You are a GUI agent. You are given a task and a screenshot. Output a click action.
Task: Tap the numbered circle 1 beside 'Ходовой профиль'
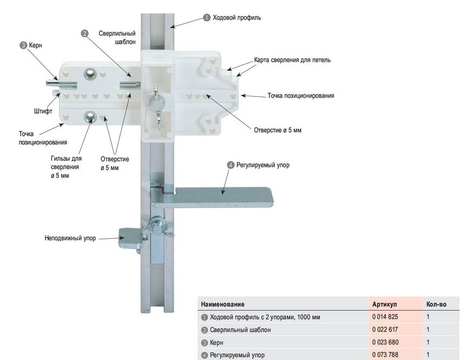click(x=207, y=17)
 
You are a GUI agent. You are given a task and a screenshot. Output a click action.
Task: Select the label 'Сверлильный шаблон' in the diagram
click(x=117, y=37)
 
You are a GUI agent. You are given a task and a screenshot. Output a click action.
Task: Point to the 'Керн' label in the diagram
click(x=35, y=45)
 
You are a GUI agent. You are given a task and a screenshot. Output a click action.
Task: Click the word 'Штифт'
click(x=43, y=112)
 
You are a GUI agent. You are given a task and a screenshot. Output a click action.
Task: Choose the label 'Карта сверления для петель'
click(x=292, y=60)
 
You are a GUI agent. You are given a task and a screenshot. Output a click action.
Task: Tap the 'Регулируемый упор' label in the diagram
click(x=262, y=165)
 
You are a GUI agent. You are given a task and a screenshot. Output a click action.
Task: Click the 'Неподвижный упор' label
click(x=70, y=238)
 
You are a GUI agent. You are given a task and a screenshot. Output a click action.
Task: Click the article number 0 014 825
click(x=385, y=317)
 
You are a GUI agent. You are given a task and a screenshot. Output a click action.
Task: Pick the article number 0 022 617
click(x=385, y=330)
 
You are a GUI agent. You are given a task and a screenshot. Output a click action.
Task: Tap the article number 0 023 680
click(x=385, y=343)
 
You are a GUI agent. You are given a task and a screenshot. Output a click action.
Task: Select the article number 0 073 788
click(x=385, y=355)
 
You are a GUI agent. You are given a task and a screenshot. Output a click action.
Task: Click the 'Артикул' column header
click(x=385, y=304)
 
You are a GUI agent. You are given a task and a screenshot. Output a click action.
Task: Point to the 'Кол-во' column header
click(x=436, y=304)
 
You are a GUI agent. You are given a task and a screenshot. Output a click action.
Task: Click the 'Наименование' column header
click(x=222, y=304)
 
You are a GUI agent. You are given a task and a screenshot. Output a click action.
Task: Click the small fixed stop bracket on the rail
click(x=130, y=235)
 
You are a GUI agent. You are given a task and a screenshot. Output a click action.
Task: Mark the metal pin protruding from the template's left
click(x=54, y=82)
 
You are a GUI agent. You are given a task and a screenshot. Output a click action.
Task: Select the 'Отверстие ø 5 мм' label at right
click(x=278, y=130)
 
